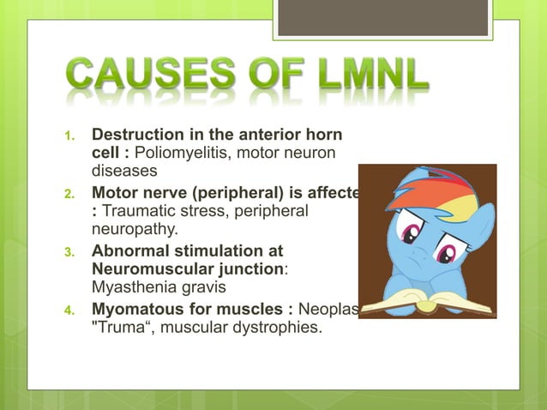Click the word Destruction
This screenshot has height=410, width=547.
click(x=138, y=135)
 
